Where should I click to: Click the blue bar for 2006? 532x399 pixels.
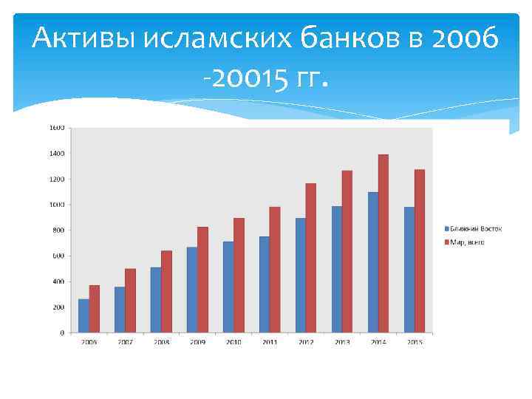click(83, 316)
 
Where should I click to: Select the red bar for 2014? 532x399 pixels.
click(383, 243)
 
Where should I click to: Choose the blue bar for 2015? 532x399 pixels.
click(409, 270)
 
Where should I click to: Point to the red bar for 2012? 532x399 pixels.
click(310, 258)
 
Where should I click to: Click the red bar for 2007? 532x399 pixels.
click(130, 300)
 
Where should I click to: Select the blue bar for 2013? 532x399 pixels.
click(337, 269)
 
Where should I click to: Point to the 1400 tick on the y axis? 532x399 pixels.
click(57, 154)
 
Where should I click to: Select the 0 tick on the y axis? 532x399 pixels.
click(62, 332)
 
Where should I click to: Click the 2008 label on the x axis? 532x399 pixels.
click(161, 342)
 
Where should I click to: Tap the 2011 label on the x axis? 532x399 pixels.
click(270, 342)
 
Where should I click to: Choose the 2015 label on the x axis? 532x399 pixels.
click(415, 342)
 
